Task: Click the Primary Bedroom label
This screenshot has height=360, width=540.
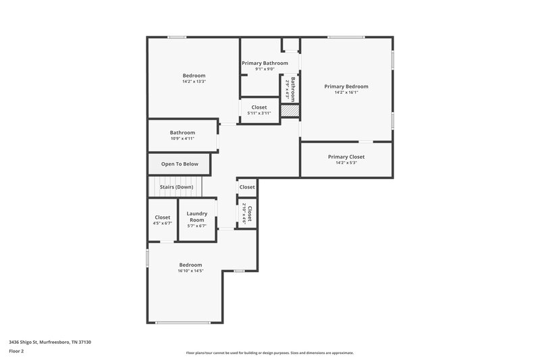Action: (346, 86)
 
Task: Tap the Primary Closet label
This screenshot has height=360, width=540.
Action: (346, 157)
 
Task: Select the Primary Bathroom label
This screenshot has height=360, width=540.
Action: (265, 63)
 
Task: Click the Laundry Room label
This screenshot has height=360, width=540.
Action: (196, 217)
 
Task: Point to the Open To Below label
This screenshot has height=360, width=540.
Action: (180, 164)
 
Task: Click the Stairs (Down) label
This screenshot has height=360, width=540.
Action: (176, 186)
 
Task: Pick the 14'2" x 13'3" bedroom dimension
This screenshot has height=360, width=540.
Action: (194, 82)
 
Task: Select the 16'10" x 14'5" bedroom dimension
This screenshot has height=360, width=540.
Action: (190, 271)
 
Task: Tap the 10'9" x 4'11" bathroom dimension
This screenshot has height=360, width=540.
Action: (182, 138)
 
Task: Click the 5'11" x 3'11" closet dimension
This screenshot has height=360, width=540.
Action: (259, 113)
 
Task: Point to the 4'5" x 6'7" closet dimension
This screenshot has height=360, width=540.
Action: (162, 224)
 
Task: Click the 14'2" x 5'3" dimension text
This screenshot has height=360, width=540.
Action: (346, 163)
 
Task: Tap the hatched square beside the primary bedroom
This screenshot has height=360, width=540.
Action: (290, 111)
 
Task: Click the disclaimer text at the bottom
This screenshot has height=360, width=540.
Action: (270, 353)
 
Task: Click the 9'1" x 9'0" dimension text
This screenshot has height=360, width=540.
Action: (265, 69)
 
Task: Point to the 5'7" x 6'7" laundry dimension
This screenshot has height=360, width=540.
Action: (196, 226)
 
